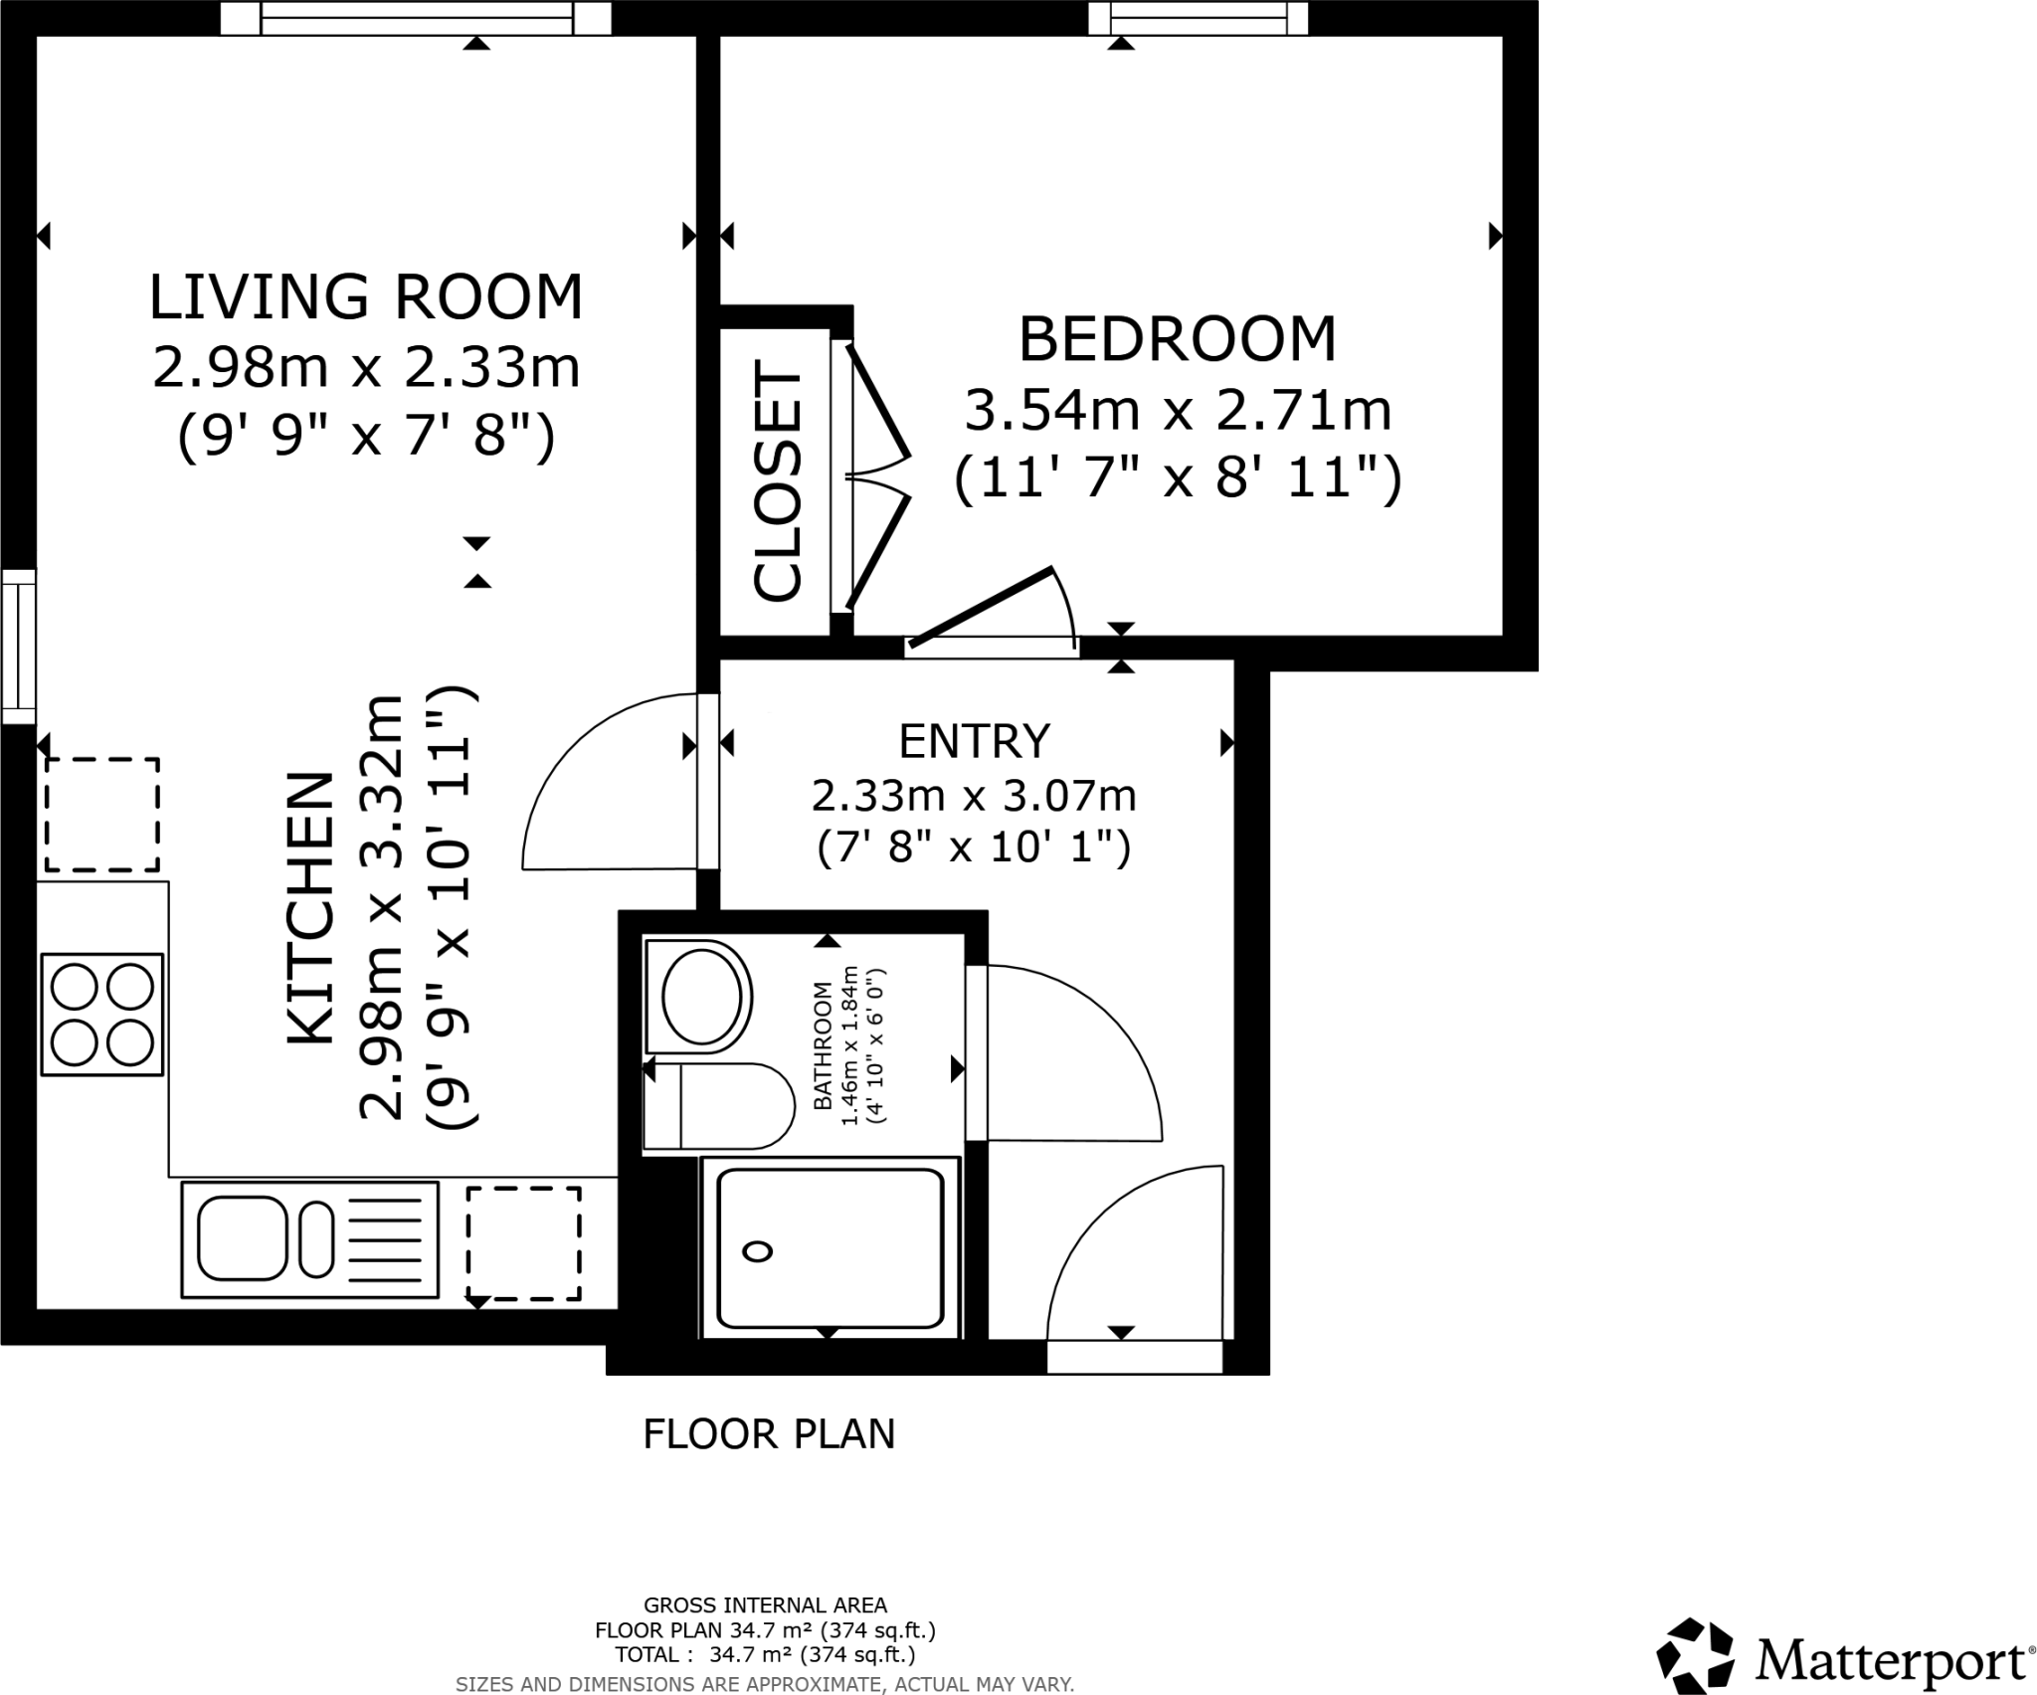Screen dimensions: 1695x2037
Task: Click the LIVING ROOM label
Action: coord(366,296)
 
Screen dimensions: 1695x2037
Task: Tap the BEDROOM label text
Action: coord(1177,339)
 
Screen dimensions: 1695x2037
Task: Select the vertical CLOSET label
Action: coord(778,484)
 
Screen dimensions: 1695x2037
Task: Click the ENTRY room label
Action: coord(974,741)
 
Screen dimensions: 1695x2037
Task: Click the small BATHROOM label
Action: coord(823,1045)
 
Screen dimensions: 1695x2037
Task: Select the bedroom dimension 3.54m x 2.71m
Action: coord(1178,410)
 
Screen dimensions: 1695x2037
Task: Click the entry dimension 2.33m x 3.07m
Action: coord(974,796)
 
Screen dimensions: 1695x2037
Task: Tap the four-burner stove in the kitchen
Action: coord(101,1015)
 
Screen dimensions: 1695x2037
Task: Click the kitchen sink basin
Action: coord(243,1239)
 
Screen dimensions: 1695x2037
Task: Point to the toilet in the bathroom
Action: coord(718,1105)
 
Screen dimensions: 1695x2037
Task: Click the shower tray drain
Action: coord(758,1251)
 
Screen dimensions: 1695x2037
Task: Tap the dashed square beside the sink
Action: coord(524,1242)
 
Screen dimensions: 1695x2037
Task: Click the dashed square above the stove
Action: coord(101,815)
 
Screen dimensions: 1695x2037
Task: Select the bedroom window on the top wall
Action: coord(1198,18)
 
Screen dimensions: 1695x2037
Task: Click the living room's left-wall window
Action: coord(18,647)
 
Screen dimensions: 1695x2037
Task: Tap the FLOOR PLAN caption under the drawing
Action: coord(769,1434)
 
